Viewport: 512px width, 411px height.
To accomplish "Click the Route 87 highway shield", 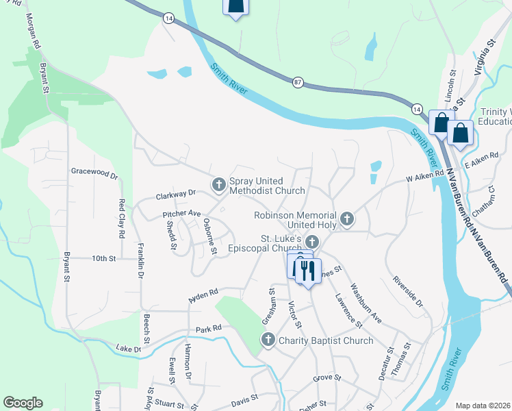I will (297, 82).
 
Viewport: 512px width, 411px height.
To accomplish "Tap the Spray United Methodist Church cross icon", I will (219, 184).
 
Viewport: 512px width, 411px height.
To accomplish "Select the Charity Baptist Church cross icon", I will (268, 339).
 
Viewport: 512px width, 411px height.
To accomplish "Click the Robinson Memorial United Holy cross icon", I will (348, 219).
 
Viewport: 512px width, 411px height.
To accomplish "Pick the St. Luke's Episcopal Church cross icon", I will (312, 241).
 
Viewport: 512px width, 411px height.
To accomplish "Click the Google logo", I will (23, 403).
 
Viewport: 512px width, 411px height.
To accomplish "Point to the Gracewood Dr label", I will (94, 173).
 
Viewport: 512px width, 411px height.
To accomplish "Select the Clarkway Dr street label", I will (175, 194).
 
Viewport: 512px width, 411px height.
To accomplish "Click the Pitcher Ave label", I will (181, 214).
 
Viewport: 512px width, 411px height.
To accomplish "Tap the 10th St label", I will (104, 258).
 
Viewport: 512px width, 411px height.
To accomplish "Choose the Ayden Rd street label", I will (203, 296).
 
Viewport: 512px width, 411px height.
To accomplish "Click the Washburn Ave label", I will (366, 303).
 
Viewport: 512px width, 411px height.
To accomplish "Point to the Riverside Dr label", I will (408, 291).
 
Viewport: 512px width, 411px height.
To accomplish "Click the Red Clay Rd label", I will (121, 218).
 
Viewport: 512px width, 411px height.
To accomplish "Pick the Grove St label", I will (327, 377).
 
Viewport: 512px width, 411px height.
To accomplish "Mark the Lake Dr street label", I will (128, 349).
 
